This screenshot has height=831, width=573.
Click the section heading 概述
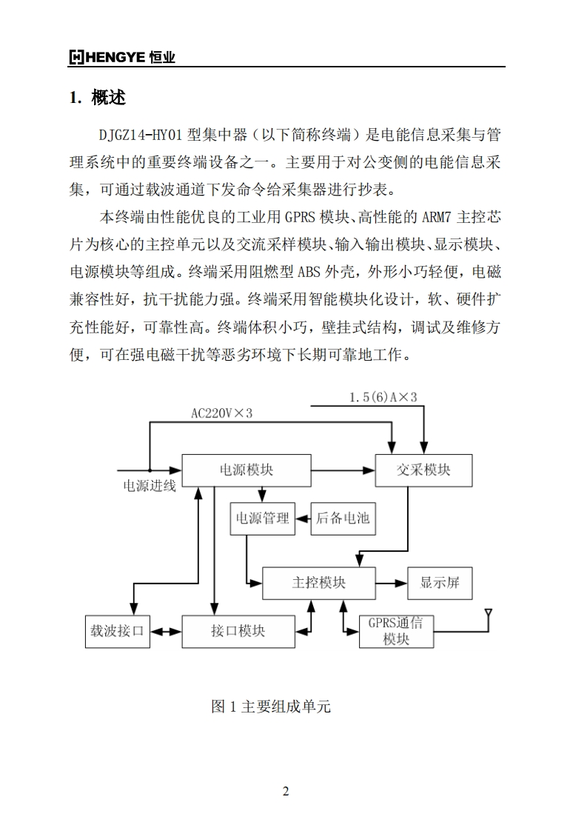[x=108, y=97]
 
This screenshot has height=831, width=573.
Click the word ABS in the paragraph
[x=309, y=271]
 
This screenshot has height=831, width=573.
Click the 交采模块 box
[x=423, y=470]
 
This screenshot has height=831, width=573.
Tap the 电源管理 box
[x=262, y=518]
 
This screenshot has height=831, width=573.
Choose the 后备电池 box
[x=342, y=518]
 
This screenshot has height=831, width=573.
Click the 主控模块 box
[x=318, y=583]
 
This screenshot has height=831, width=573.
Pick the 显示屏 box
[x=440, y=583]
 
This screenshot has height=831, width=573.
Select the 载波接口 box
[x=116, y=631]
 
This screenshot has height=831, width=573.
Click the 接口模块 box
[x=238, y=631]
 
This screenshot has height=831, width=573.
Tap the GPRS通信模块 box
[x=396, y=631]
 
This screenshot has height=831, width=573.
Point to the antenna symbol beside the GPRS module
[x=489, y=615]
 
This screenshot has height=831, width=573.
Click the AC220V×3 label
[x=221, y=413]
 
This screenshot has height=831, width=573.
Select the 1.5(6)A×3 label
[x=383, y=398]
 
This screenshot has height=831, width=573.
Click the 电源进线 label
[x=149, y=487]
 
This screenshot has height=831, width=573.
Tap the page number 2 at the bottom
[x=286, y=791]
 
